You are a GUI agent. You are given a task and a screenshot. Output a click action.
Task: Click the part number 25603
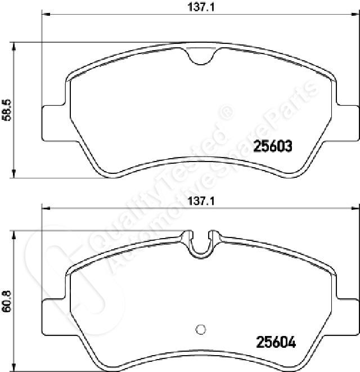point(273,146)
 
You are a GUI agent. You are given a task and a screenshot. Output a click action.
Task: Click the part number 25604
point(276,342)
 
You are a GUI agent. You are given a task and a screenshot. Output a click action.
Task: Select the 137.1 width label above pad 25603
point(201,7)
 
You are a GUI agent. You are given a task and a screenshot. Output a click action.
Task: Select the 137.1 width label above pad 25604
point(201,201)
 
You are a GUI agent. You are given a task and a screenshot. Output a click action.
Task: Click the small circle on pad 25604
point(201,329)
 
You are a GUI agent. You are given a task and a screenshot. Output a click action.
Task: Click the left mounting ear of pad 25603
point(53,123)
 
